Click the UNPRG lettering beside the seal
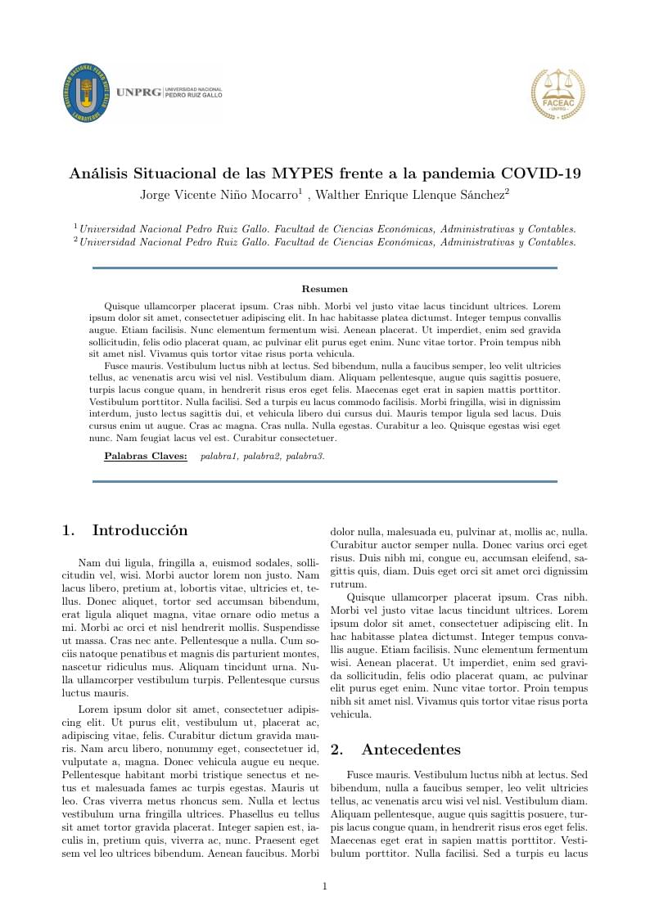(x=138, y=92)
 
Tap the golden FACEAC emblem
(x=558, y=94)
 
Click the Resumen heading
(x=325, y=289)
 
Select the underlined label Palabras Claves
(x=146, y=456)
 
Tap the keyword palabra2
(x=261, y=456)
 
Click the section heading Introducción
(x=140, y=530)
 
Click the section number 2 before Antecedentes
(x=336, y=750)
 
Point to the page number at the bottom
(x=325, y=886)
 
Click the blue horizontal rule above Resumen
(x=325, y=268)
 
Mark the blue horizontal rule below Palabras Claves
(x=325, y=482)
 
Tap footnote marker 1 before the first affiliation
(x=75, y=227)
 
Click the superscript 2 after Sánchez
(x=507, y=191)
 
